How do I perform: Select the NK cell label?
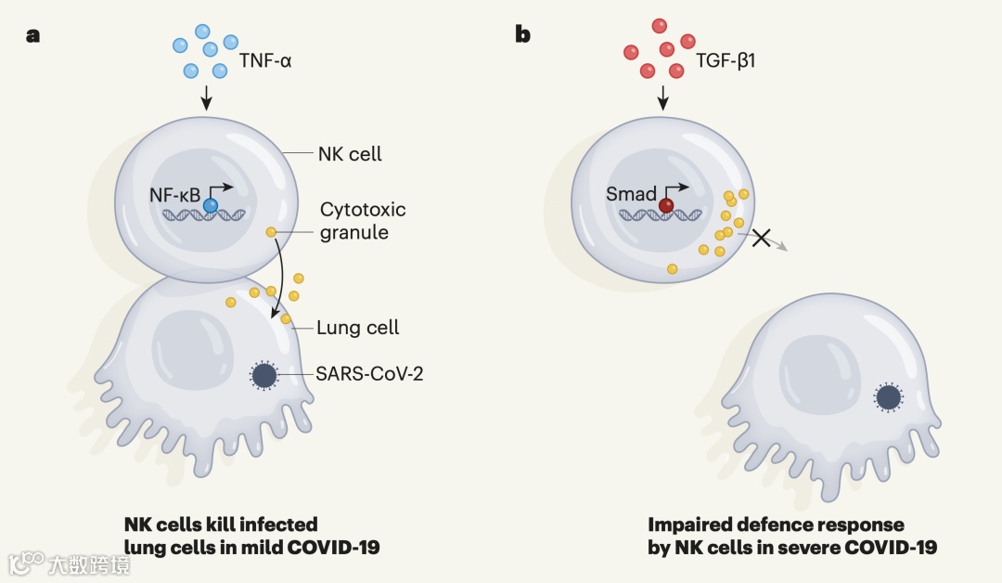tap(350, 154)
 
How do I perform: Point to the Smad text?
tap(631, 194)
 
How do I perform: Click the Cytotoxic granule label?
tap(363, 221)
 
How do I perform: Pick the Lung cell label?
tap(358, 327)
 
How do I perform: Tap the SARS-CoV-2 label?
tap(370, 374)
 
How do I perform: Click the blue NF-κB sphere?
tap(212, 206)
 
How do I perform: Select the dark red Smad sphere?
tap(666, 206)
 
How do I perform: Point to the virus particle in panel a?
tap(264, 375)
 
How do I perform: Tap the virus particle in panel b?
tap(888, 397)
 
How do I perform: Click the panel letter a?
tap(33, 36)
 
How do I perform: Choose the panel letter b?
tap(523, 35)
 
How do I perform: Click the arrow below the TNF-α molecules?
tap(207, 96)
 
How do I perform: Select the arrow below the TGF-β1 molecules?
tap(663, 96)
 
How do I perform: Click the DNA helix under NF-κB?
tap(205, 217)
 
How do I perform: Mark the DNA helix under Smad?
tap(660, 216)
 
